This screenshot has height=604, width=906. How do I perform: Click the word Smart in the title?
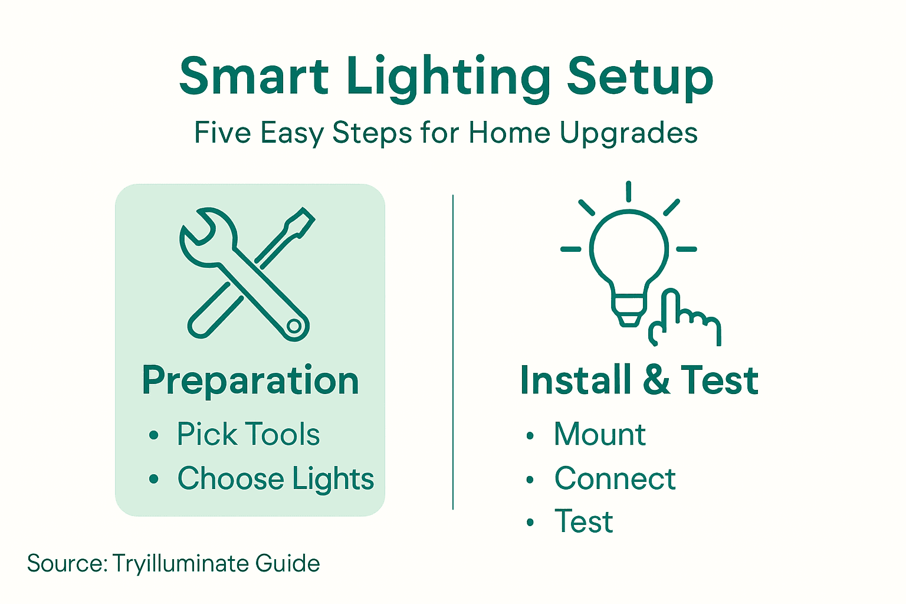point(254,77)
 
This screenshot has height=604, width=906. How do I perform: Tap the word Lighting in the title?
point(448,78)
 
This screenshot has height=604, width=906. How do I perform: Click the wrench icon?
point(236,265)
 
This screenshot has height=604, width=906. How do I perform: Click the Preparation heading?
point(250,380)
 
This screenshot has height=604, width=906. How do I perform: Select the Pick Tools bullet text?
point(248,435)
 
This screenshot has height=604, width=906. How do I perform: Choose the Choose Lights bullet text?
point(275,478)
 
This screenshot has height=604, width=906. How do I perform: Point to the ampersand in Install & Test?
point(656,380)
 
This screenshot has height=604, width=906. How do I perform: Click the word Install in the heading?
point(575,380)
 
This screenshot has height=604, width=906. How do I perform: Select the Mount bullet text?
point(600,435)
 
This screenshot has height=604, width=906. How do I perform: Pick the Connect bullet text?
point(615,478)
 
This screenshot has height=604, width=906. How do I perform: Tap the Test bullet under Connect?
point(583,522)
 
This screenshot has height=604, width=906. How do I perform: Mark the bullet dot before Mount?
point(530,436)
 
